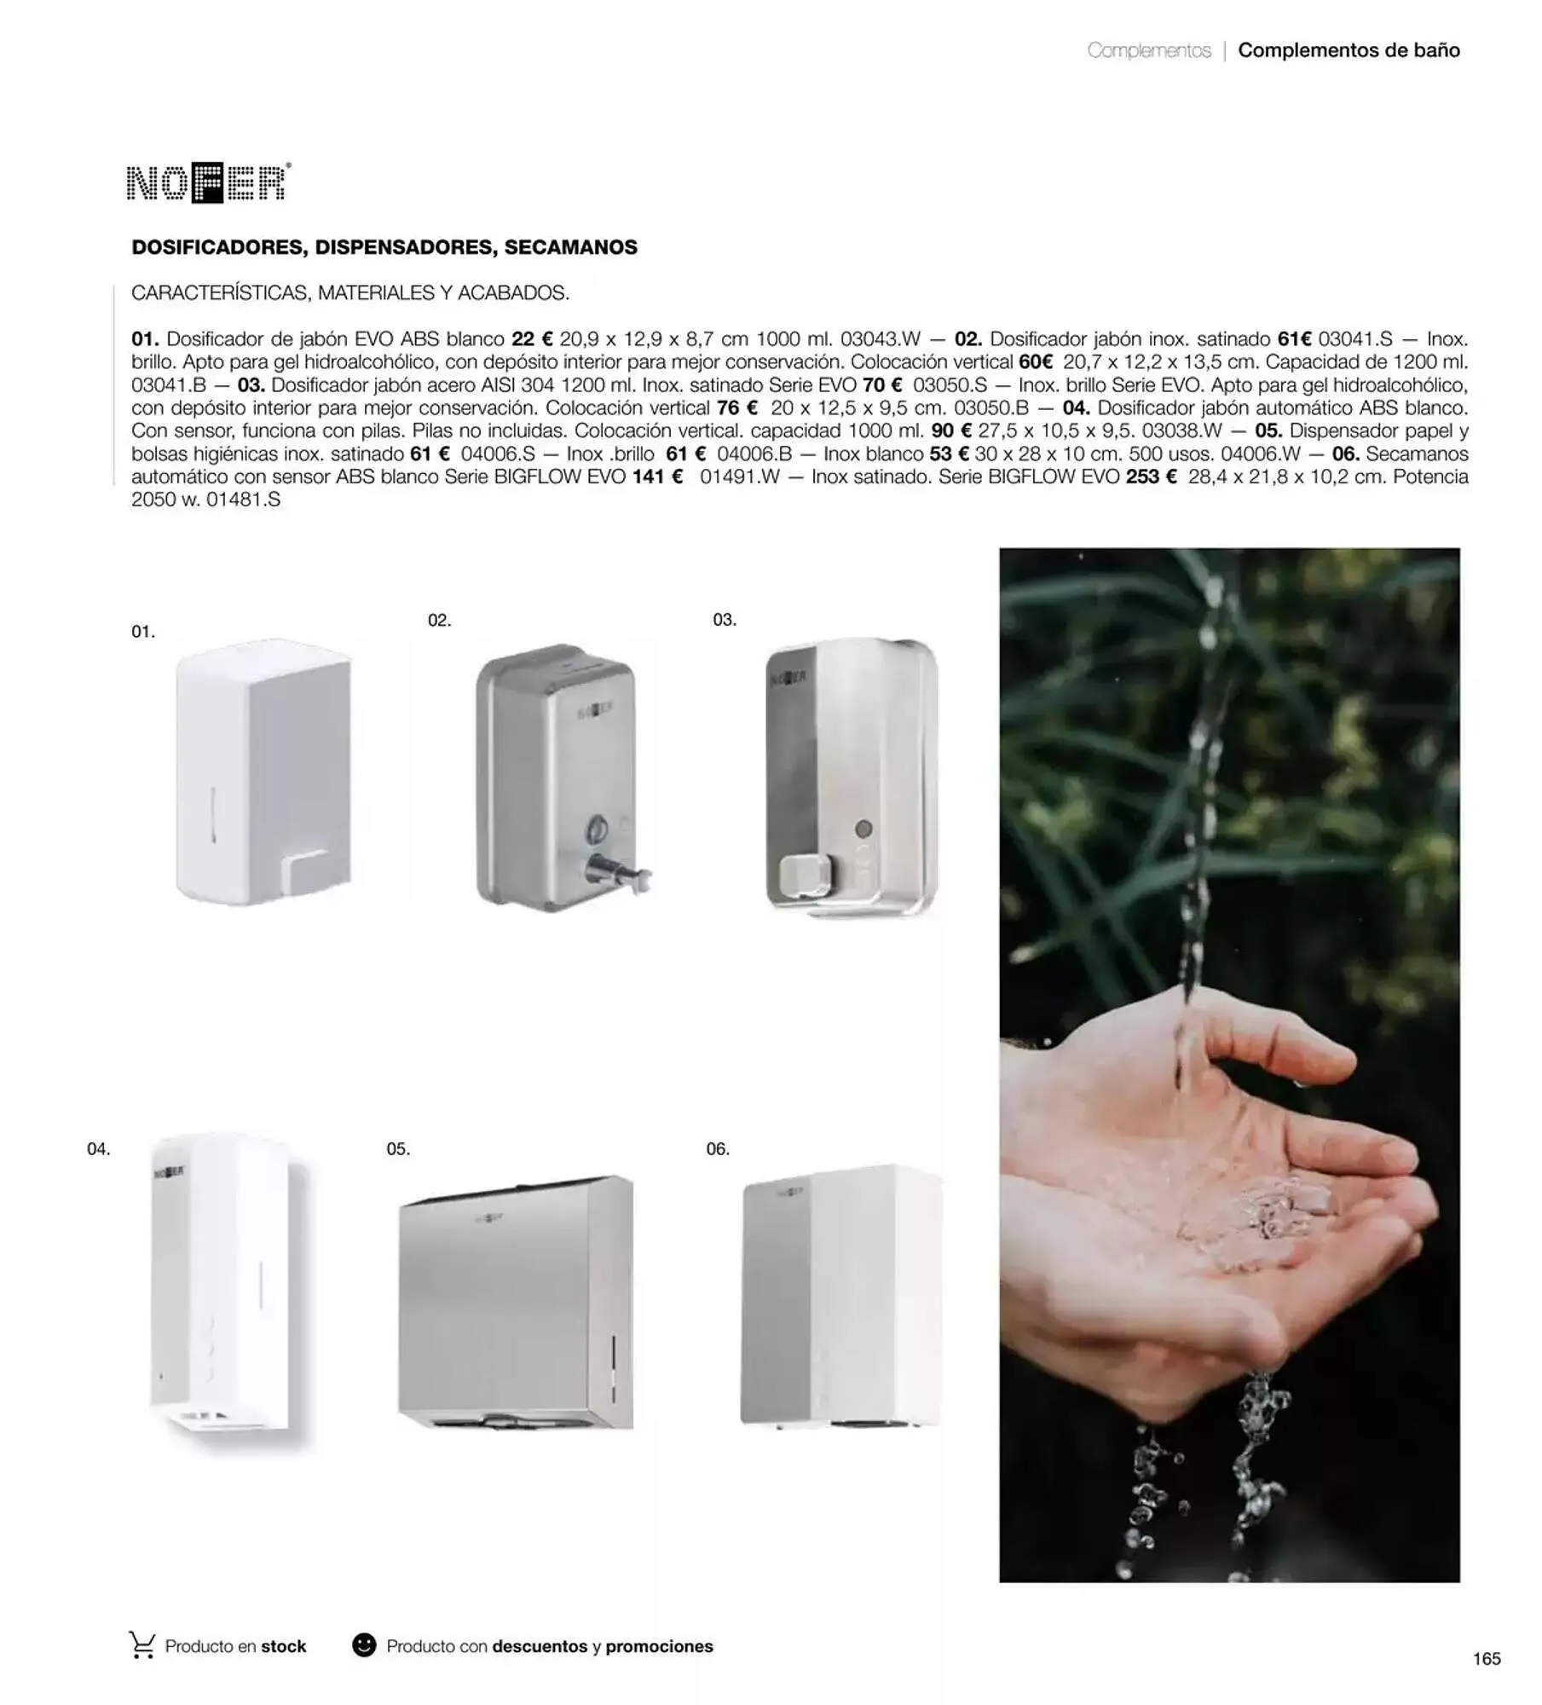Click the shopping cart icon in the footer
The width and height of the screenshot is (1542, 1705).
142,1645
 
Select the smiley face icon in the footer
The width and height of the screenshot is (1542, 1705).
364,1645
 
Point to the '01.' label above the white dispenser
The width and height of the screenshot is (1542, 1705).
143,632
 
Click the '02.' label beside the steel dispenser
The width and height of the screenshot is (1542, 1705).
439,621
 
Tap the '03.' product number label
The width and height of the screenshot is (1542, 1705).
725,620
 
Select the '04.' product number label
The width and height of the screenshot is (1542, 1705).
99,1149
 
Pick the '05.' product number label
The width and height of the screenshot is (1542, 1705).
398,1149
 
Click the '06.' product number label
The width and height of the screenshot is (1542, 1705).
718,1149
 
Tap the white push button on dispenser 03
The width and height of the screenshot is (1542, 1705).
804,876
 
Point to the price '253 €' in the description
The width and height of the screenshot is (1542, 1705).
1151,477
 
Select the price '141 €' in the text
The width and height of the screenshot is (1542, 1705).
657,477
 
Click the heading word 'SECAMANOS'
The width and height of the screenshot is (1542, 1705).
570,247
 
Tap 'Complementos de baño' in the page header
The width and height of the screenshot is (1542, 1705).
1349,50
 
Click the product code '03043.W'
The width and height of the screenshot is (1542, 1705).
881,339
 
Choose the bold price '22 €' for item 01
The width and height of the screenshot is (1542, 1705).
532,339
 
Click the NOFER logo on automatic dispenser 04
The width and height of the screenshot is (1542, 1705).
170,1172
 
